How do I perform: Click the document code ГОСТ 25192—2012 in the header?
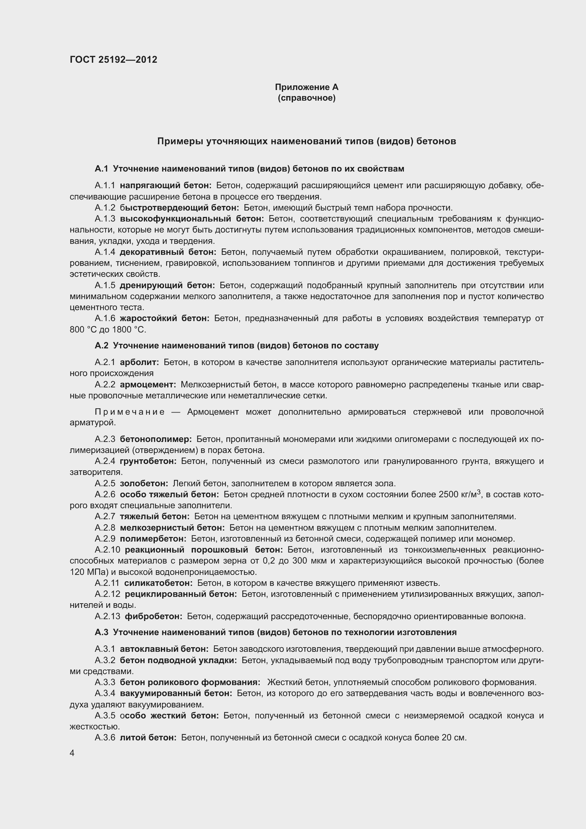point(113,60)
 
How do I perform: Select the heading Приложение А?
point(306,87)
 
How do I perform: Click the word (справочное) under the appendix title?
point(306,98)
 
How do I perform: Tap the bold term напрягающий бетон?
point(165,186)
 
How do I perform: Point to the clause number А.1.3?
point(105,219)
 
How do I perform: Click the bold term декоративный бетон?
point(168,252)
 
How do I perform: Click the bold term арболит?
point(139,362)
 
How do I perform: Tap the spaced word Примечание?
point(130,412)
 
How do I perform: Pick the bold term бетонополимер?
point(156,439)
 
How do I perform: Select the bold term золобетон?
point(144,483)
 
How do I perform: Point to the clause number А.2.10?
point(107,550)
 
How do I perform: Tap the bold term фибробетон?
point(153,616)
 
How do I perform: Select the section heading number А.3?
point(101,632)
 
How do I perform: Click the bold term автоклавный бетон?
point(164,649)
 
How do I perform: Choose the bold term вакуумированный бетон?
point(176,693)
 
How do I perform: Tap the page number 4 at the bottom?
point(72,753)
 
